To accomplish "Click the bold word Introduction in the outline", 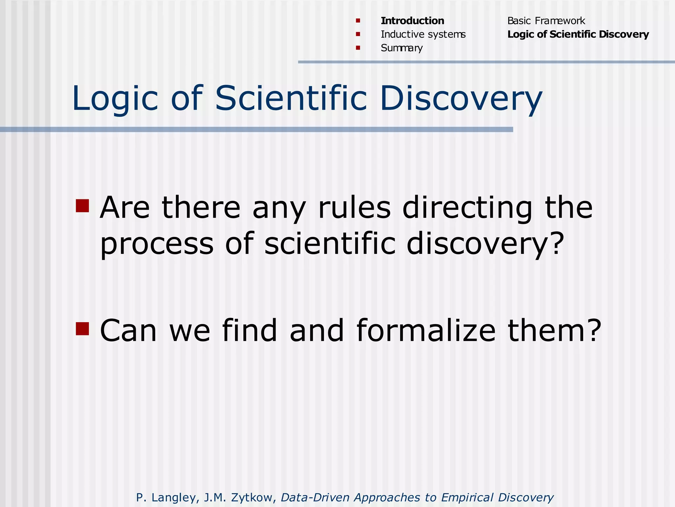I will point(412,21).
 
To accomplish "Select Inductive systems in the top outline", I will point(423,34).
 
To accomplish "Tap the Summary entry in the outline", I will point(401,48).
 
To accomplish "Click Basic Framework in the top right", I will point(546,21).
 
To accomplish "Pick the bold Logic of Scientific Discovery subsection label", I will point(578,34).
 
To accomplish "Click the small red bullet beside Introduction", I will point(358,21).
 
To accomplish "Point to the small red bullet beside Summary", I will point(358,48).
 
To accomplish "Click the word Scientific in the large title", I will point(291,98).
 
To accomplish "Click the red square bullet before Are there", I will point(82,206).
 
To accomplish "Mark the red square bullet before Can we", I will point(82,328).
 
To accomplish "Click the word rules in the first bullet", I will point(354,208).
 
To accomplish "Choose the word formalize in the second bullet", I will point(426,331).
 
